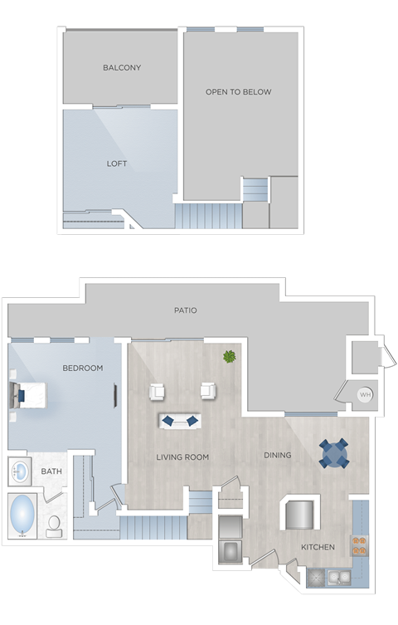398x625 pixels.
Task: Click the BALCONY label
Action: coord(122,67)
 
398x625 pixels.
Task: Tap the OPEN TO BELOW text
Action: coord(238,92)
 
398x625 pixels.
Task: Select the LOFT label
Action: coord(117,164)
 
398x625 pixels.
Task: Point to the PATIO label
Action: coord(185,310)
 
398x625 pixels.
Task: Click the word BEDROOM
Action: coord(83,368)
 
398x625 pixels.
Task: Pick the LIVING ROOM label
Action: coord(182,457)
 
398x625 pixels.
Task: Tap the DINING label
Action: coord(277,455)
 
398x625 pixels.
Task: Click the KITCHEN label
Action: coord(318,547)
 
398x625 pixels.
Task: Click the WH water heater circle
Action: coord(365,394)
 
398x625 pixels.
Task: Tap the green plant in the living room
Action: coord(229,357)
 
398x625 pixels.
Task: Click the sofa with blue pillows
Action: coord(180,421)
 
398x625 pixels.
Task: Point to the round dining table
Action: coord(335,453)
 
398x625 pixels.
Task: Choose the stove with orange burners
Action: coord(359,544)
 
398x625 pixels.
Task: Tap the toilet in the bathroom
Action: coord(55,525)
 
